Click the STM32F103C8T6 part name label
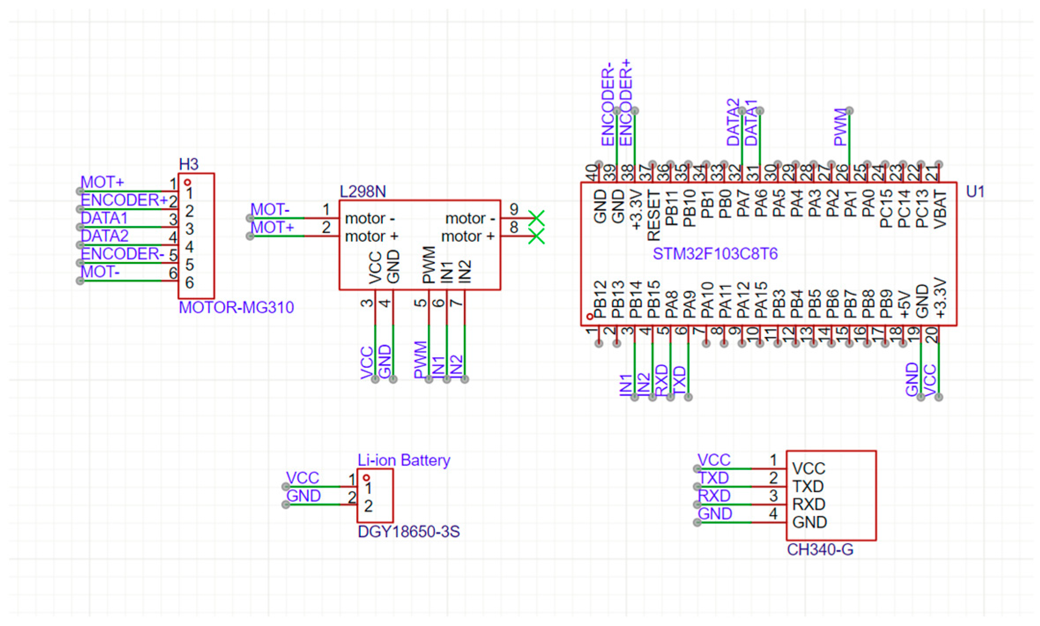click(714, 254)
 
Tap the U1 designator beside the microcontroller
click(974, 192)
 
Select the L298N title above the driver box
click(363, 192)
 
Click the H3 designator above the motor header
click(189, 164)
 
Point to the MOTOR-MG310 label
click(236, 307)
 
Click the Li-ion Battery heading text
click(403, 460)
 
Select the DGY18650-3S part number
click(408, 532)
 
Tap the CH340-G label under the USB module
click(820, 550)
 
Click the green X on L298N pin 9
click(537, 218)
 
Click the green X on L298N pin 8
click(537, 237)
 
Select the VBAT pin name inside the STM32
click(940, 209)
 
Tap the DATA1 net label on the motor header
click(104, 218)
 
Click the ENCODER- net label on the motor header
click(122, 254)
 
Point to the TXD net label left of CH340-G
click(714, 478)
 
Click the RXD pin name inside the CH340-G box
click(808, 504)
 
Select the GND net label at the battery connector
click(303, 496)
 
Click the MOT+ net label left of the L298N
click(272, 228)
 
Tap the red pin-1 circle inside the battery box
click(366, 478)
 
